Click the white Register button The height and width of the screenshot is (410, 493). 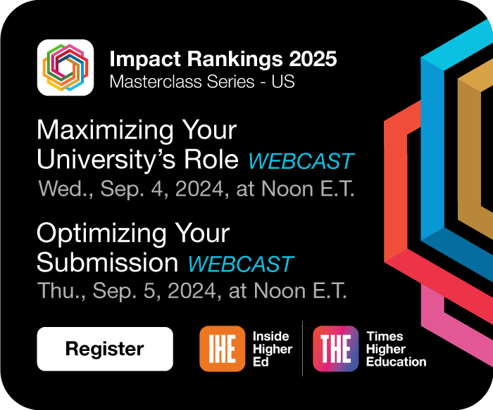pos(105,349)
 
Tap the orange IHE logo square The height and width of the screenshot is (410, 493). pos(223,349)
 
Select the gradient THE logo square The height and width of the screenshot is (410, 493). pos(336,349)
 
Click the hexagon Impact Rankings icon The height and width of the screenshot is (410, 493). pos(65,68)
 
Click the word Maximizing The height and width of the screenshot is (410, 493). pos(105,131)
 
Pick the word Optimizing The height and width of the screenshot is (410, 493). pos(101,233)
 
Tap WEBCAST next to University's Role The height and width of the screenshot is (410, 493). pos(301,161)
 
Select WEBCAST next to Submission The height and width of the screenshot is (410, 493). pos(241,264)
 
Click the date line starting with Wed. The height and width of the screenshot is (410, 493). pos(196,189)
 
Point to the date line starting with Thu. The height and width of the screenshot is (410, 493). pos(192,290)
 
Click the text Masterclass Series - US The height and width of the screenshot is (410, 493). pos(202,82)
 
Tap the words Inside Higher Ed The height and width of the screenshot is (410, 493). pos(273,349)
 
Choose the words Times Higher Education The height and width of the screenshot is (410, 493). pos(396,349)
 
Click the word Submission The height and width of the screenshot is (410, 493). pos(108,263)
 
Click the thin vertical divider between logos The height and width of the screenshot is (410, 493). pos(302,349)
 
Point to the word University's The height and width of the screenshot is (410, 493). pos(106,160)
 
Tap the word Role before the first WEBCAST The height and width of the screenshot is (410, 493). pos(211,160)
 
